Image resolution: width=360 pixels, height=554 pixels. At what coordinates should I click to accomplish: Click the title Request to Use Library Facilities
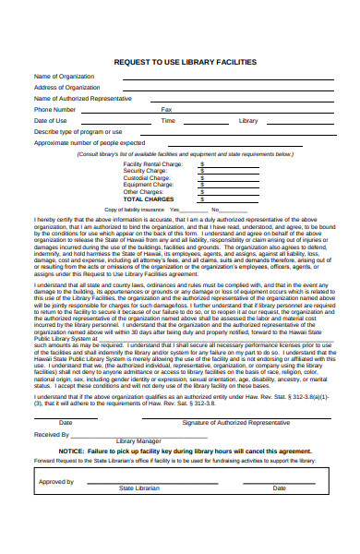(185, 61)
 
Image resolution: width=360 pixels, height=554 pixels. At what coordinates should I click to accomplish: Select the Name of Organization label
(66, 76)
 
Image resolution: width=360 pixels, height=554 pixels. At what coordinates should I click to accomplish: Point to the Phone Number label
(55, 109)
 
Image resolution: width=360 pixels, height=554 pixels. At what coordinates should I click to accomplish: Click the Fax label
(166, 109)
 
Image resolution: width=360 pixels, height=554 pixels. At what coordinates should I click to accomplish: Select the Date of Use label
(51, 120)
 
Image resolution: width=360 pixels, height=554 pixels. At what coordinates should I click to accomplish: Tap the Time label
(168, 120)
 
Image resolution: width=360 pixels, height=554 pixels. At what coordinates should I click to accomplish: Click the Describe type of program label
(78, 131)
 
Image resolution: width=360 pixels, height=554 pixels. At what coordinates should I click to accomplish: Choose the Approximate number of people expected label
(89, 142)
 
